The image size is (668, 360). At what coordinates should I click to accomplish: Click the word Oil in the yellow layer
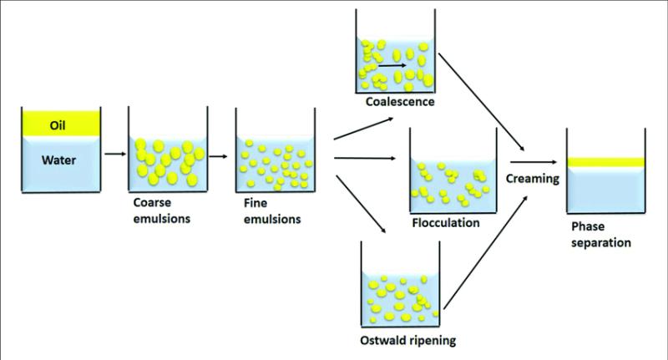click(58, 125)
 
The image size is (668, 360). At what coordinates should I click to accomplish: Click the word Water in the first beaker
click(58, 160)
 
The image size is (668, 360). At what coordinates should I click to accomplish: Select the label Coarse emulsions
click(162, 210)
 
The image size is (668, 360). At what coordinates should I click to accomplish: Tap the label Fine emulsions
click(272, 210)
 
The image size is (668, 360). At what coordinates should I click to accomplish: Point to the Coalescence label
click(400, 102)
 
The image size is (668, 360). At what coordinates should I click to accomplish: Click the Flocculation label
click(446, 223)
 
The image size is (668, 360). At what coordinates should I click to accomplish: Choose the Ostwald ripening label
click(408, 341)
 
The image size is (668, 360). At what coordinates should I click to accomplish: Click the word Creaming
click(533, 179)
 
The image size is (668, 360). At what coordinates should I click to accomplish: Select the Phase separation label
click(601, 235)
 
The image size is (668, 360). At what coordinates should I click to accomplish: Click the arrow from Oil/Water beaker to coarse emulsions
click(115, 154)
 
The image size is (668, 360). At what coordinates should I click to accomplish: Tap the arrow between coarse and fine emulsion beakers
click(218, 156)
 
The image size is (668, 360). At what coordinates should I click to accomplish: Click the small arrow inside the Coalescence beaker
click(392, 66)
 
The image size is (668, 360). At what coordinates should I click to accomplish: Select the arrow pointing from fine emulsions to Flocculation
click(365, 158)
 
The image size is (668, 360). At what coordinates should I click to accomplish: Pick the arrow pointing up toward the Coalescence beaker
click(364, 129)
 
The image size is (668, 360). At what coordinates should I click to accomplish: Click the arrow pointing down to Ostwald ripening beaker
click(362, 204)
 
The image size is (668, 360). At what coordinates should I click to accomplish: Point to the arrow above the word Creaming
click(534, 162)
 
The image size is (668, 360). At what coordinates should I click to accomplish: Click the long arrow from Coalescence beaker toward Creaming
click(482, 102)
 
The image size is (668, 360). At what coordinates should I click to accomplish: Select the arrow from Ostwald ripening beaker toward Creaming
click(486, 252)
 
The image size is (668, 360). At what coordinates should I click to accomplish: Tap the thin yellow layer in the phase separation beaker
click(606, 162)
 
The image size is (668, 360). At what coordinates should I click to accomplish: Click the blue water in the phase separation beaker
click(606, 190)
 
